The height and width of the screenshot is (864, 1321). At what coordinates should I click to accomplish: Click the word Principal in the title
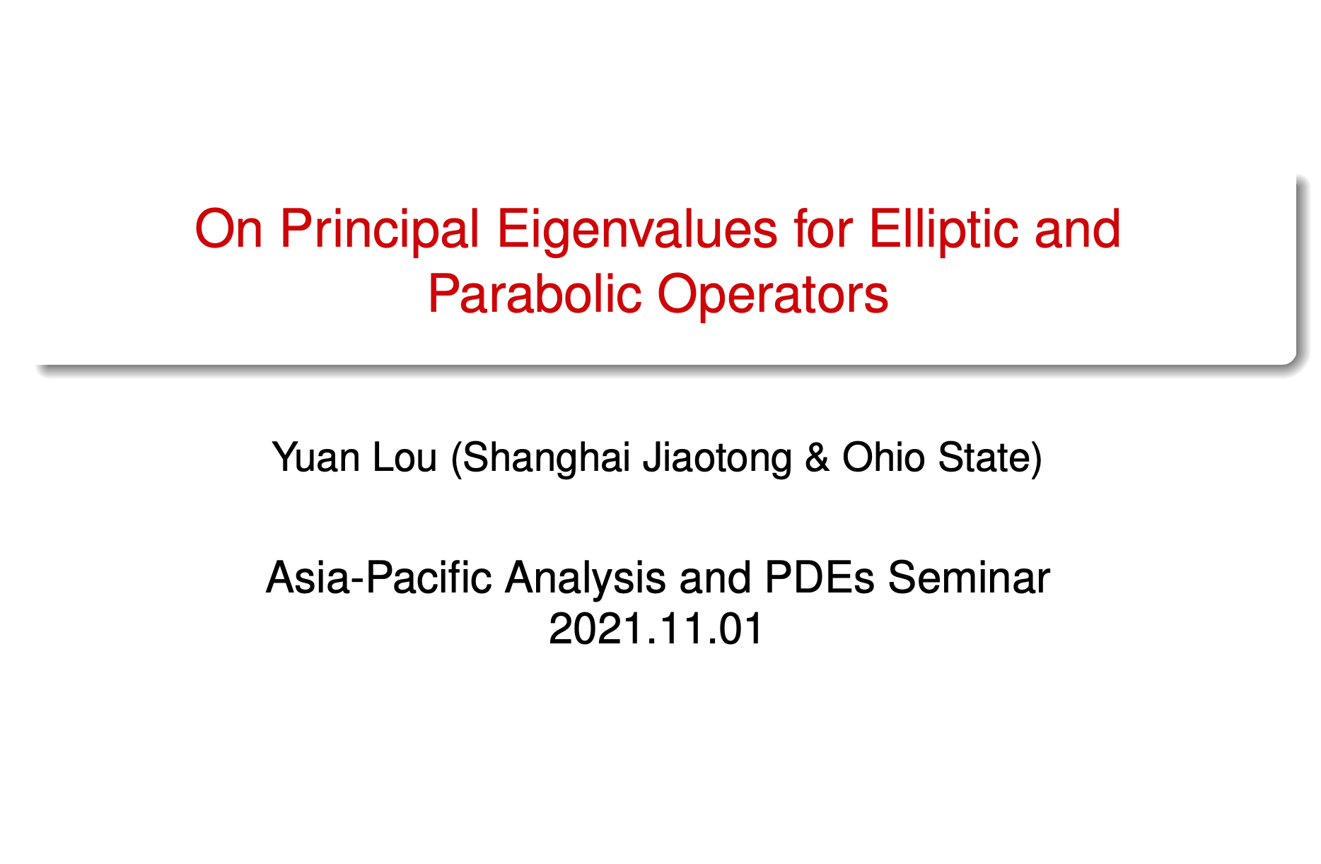pos(380,230)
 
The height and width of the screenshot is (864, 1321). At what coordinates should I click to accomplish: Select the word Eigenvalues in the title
pos(637,231)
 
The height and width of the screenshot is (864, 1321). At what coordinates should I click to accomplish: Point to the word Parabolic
pos(535,294)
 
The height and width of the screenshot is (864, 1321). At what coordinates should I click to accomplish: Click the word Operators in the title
pos(773,295)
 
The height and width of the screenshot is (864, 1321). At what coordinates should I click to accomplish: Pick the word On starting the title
pos(228,230)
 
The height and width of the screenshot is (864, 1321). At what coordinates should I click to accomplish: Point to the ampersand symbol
pos(817,458)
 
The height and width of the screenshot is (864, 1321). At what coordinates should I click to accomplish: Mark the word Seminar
pos(968,578)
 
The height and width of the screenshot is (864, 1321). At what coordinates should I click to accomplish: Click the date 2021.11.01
pos(656,629)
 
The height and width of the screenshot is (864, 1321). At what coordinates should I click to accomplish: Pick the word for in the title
pos(822,230)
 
